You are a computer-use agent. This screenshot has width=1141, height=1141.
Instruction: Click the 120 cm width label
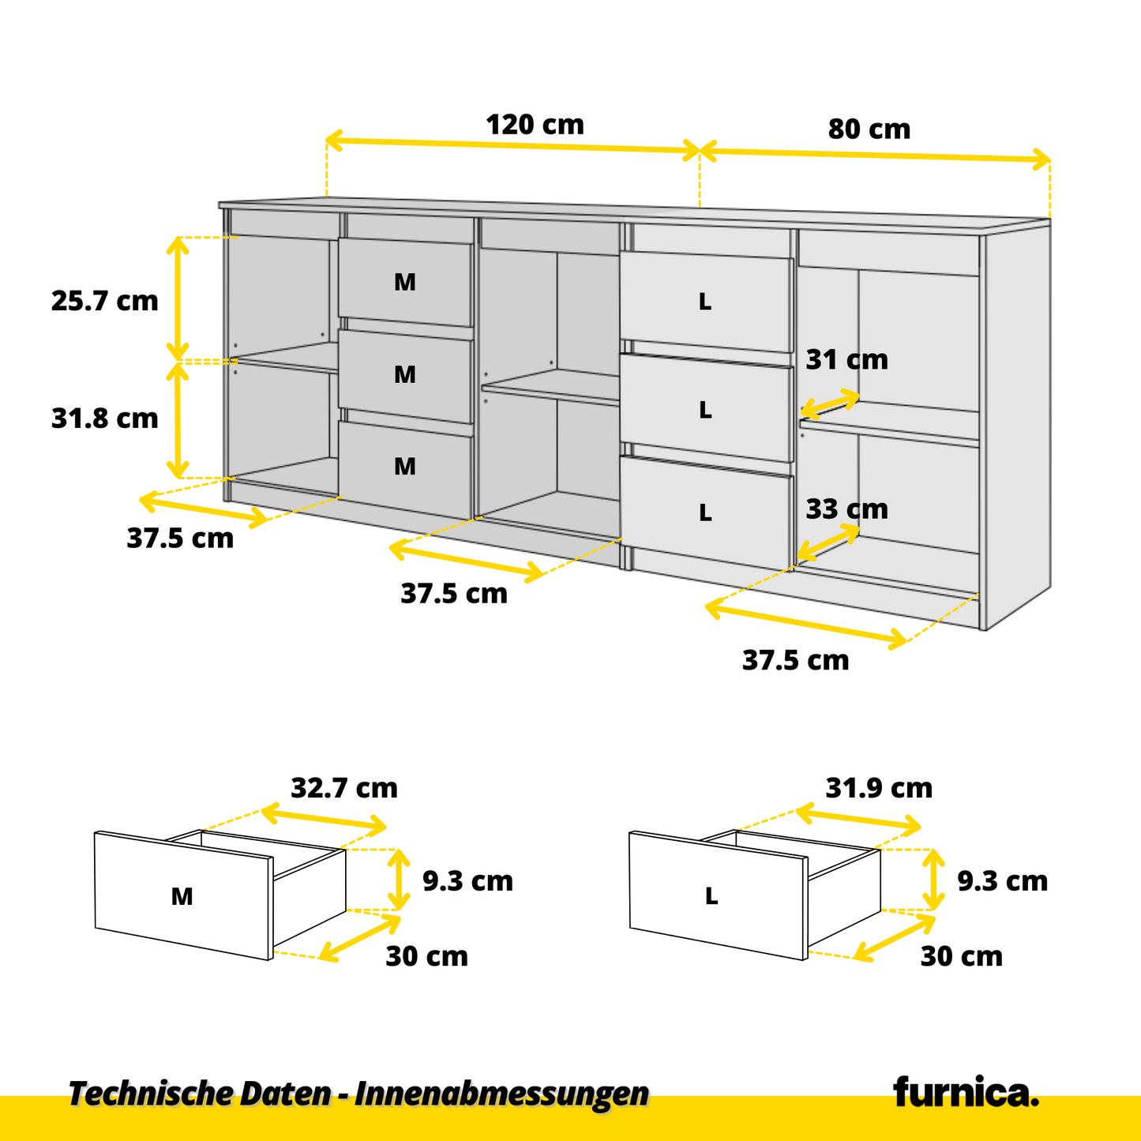click(535, 125)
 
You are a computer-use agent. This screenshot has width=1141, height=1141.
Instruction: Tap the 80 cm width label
click(869, 129)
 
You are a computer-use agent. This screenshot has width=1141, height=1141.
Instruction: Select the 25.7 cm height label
click(104, 301)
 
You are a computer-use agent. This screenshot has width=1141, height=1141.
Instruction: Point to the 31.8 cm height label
click(104, 418)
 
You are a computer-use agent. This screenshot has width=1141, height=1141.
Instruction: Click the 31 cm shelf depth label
click(846, 360)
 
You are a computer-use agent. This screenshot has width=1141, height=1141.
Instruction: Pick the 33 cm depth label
click(846, 509)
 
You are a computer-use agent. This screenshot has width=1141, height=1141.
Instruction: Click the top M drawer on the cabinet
click(405, 282)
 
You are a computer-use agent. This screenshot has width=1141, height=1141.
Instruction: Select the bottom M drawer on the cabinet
click(405, 467)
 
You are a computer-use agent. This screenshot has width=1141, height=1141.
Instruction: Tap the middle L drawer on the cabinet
click(705, 410)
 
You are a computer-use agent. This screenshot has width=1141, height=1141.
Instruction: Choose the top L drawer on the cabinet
click(705, 302)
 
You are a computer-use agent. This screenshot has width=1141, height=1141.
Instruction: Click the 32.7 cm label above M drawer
click(344, 788)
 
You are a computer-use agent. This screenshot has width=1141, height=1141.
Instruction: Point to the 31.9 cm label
click(879, 788)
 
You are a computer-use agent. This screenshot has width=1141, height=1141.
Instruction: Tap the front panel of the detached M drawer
click(182, 896)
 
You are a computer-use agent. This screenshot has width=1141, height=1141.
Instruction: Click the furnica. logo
click(966, 1093)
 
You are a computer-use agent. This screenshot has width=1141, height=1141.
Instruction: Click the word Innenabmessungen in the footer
click(501, 1094)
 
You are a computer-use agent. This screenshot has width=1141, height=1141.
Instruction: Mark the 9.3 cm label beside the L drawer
click(1002, 880)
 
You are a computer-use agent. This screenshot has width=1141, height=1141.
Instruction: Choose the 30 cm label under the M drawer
click(426, 956)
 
